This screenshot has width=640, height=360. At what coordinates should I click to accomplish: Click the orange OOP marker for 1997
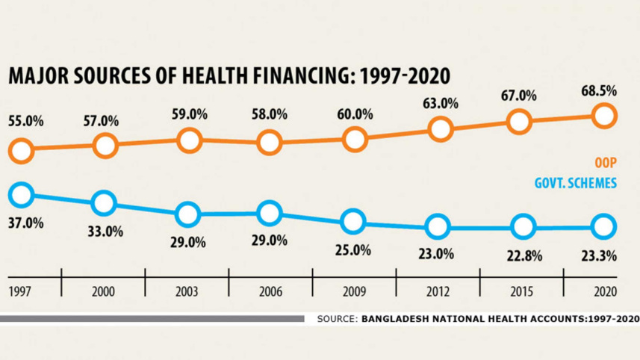tap(22, 152)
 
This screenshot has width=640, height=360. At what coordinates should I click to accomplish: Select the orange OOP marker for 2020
tap(604, 115)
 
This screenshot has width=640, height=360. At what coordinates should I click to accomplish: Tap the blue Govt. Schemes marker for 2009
tap(352, 222)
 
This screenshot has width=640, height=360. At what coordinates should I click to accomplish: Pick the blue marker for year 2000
tap(103, 202)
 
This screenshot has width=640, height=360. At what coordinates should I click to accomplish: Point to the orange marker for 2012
tap(441, 129)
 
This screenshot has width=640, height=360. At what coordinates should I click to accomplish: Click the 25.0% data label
tap(352, 250)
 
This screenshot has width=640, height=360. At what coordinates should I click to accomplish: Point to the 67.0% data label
tap(518, 96)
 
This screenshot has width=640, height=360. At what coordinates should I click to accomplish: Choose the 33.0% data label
tap(105, 232)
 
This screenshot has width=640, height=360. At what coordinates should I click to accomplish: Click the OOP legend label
tap(606, 164)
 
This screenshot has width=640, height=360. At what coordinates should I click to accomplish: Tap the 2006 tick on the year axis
tap(270, 291)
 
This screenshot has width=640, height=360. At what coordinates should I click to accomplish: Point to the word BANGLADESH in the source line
tap(396, 319)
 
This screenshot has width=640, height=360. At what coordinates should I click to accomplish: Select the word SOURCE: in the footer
tap(338, 319)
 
